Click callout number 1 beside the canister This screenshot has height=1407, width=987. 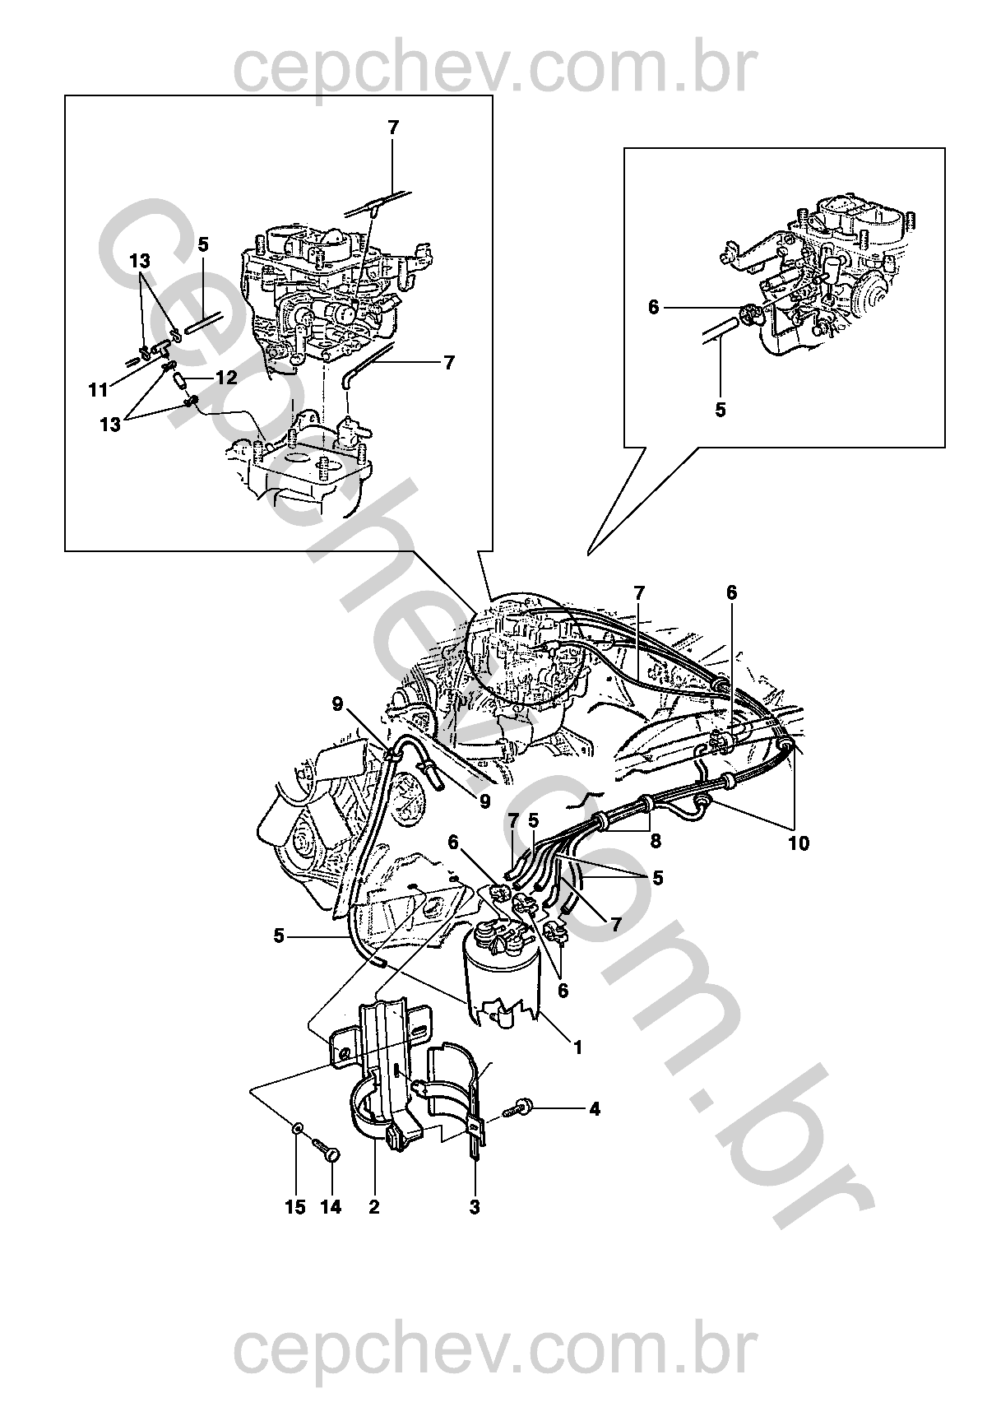click(578, 1047)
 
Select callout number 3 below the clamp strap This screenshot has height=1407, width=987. click(475, 1207)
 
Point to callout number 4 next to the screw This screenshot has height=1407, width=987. click(594, 1109)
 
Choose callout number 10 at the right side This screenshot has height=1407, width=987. click(799, 843)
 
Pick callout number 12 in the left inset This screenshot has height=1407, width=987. click(226, 378)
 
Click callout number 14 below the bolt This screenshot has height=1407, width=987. click(331, 1207)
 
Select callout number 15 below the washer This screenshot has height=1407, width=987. click(295, 1207)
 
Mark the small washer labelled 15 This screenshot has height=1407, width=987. click(296, 1125)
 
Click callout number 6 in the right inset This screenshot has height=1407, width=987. click(654, 307)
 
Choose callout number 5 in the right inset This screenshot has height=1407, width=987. click(721, 409)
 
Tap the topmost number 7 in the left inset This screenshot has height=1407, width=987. click(392, 128)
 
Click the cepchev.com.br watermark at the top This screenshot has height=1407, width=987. click(493, 69)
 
